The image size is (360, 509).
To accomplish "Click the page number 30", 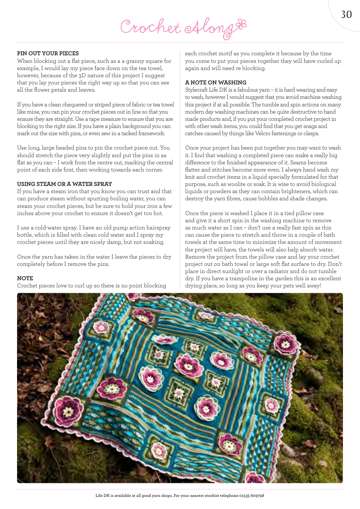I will click(346, 14).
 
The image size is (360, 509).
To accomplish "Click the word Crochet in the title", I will click(150, 27).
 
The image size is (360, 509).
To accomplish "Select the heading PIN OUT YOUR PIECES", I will click(48, 53).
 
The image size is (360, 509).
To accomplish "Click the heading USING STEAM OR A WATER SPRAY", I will click(64, 184).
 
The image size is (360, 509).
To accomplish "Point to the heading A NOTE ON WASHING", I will click(215, 83).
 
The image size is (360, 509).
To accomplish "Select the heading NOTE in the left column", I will click(25, 278).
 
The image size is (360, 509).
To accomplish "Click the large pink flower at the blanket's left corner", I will click(68, 411).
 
